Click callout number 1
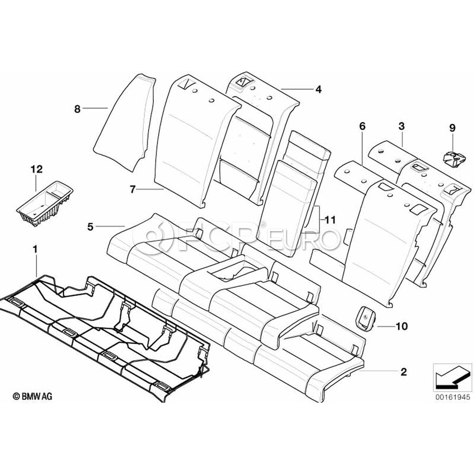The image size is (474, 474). point(35,250)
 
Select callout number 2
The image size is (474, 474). point(403,372)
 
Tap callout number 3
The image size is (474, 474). point(401,126)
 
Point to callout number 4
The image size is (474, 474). point(318,89)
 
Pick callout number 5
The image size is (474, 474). point(91,226)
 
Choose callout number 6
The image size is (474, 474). point(362,126)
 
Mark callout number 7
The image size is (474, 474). point(132,190)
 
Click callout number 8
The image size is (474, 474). point(77,109)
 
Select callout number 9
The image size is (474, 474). point(452,128)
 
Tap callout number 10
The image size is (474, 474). point(401,326)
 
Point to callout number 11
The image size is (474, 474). point(330,220)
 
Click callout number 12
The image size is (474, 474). point(36,169)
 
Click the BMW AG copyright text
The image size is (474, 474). point(32,396)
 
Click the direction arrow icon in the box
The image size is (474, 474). point(452,377)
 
